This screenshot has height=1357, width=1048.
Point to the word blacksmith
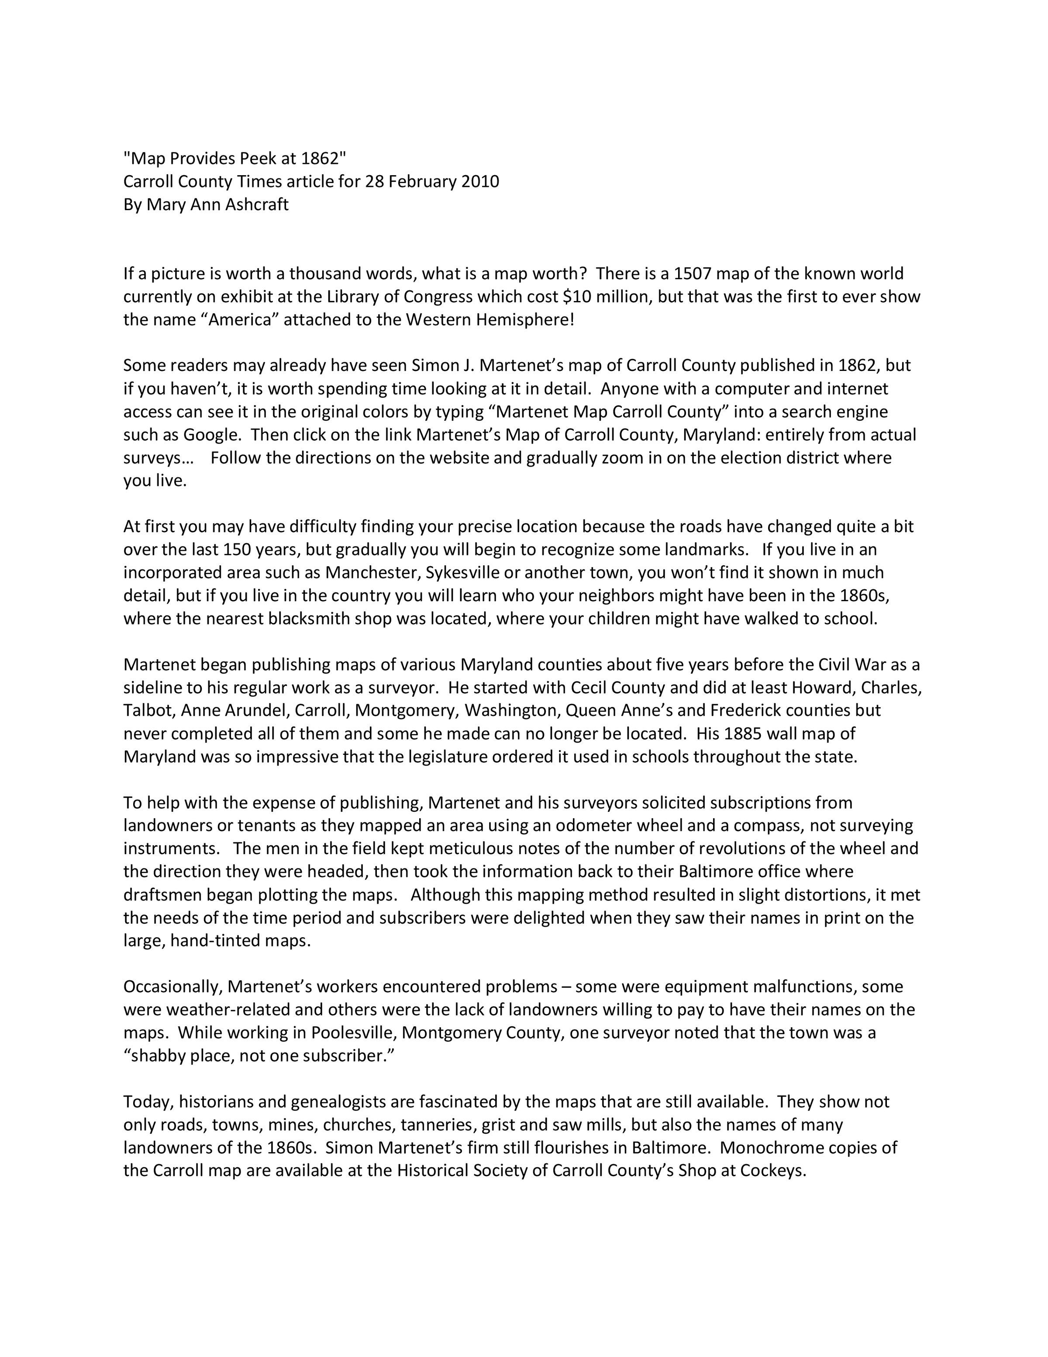point(311,618)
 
